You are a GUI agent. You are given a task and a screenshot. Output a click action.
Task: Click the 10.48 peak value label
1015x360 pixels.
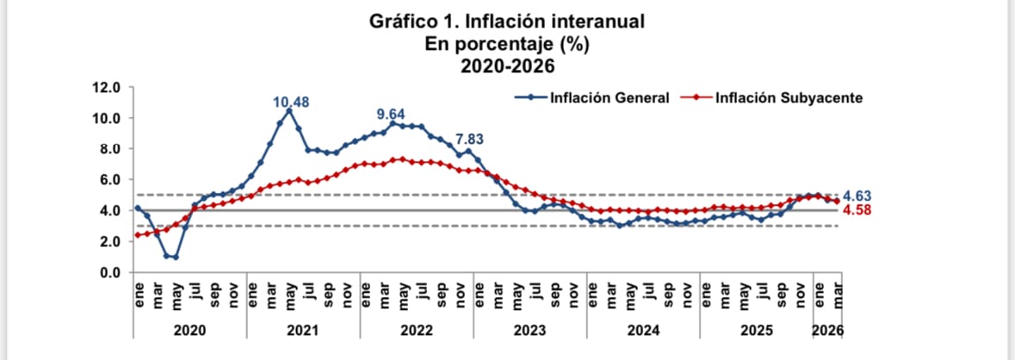pyautogui.click(x=291, y=102)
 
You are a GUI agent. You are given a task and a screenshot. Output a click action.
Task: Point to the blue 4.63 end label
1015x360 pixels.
pyautogui.click(x=862, y=196)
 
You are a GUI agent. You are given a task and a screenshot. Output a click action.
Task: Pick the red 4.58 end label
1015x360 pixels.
pyautogui.click(x=862, y=209)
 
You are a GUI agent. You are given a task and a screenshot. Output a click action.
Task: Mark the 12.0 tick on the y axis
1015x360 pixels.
pyautogui.click(x=107, y=87)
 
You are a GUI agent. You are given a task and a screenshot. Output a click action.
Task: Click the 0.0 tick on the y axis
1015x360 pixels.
pyautogui.click(x=110, y=272)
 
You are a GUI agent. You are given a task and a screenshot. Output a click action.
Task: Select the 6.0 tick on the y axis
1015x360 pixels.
pyautogui.click(x=110, y=179)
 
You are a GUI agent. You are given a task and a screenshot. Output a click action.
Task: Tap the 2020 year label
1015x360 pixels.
pyautogui.click(x=189, y=329)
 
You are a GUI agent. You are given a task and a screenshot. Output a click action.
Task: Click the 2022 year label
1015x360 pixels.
pyautogui.click(x=417, y=329)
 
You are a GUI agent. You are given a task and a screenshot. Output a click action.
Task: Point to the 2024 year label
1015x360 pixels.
pyautogui.click(x=643, y=329)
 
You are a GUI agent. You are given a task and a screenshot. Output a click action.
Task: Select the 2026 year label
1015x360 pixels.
pyautogui.click(x=827, y=329)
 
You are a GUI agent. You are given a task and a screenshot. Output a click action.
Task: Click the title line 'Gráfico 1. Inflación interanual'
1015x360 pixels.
pyautogui.click(x=506, y=21)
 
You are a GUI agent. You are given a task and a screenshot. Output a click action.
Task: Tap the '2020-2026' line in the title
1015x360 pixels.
pyautogui.click(x=506, y=64)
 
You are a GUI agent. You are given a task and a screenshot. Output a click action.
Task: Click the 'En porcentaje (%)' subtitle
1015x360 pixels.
pyautogui.click(x=506, y=42)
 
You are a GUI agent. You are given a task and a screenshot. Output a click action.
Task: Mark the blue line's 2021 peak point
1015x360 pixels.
pyautogui.click(x=289, y=110)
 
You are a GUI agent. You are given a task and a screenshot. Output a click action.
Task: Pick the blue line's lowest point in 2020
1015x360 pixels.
pyautogui.click(x=176, y=257)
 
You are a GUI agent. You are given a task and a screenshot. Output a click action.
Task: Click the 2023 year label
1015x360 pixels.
pyautogui.click(x=530, y=329)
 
